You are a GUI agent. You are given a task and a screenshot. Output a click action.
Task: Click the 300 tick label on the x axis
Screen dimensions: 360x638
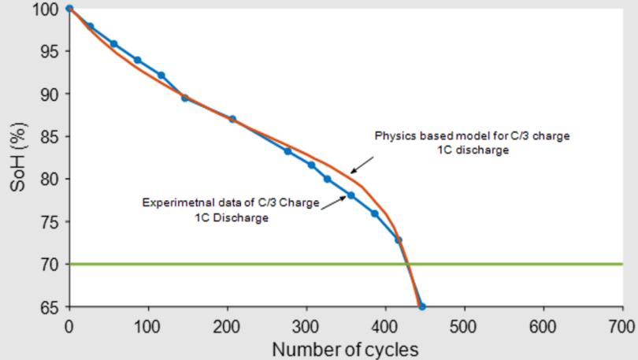tap(306, 325)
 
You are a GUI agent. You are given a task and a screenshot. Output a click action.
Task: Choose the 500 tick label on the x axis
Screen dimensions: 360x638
tap(464, 325)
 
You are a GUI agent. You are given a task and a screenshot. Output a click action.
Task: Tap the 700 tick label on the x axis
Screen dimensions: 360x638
tap(621, 325)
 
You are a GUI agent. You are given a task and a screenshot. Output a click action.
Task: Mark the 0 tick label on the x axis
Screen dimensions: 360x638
tap(69, 325)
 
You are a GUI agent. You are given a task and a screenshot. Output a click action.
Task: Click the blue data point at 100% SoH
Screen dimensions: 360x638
tap(69, 9)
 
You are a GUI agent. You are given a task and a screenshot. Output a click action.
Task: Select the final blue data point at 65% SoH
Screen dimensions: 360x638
tap(422, 306)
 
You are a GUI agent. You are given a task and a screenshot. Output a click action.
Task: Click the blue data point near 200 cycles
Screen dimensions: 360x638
tap(232, 119)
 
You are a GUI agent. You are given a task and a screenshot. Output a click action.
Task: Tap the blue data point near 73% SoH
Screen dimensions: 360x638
tap(399, 239)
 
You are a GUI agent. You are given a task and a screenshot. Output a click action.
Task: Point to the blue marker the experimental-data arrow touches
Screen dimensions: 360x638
tap(351, 195)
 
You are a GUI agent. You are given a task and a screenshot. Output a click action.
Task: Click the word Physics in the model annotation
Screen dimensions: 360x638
tap(391, 136)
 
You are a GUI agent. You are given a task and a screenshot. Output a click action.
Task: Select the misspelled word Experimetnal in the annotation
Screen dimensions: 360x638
tap(172, 203)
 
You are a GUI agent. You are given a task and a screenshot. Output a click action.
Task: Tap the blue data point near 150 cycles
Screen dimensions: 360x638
tap(184, 98)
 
